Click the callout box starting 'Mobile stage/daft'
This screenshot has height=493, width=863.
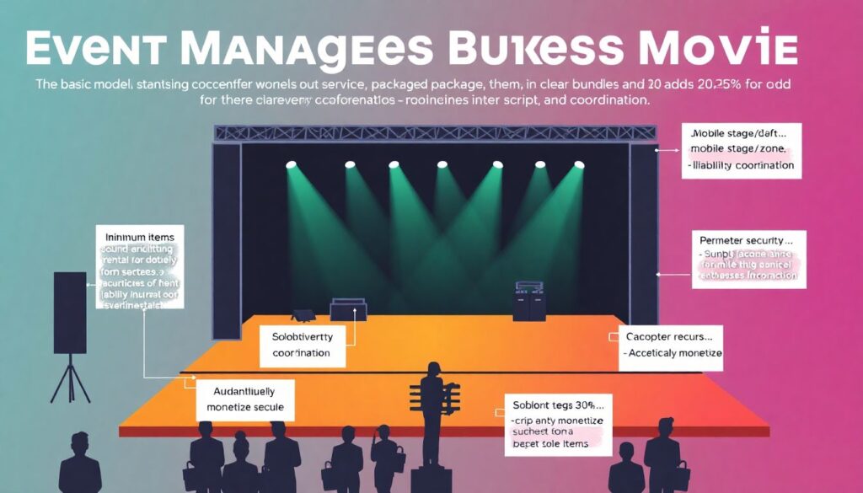[x=742, y=149]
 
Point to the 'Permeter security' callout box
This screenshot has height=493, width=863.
[x=749, y=260]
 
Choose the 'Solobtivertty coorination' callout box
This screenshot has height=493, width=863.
[x=302, y=344]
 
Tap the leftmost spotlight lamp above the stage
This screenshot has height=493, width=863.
[x=291, y=164]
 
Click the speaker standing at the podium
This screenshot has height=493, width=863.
[x=432, y=405]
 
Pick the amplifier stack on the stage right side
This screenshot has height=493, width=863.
[x=528, y=301]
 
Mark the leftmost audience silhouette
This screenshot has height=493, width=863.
[x=81, y=463]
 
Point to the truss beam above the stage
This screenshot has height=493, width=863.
[x=436, y=133]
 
